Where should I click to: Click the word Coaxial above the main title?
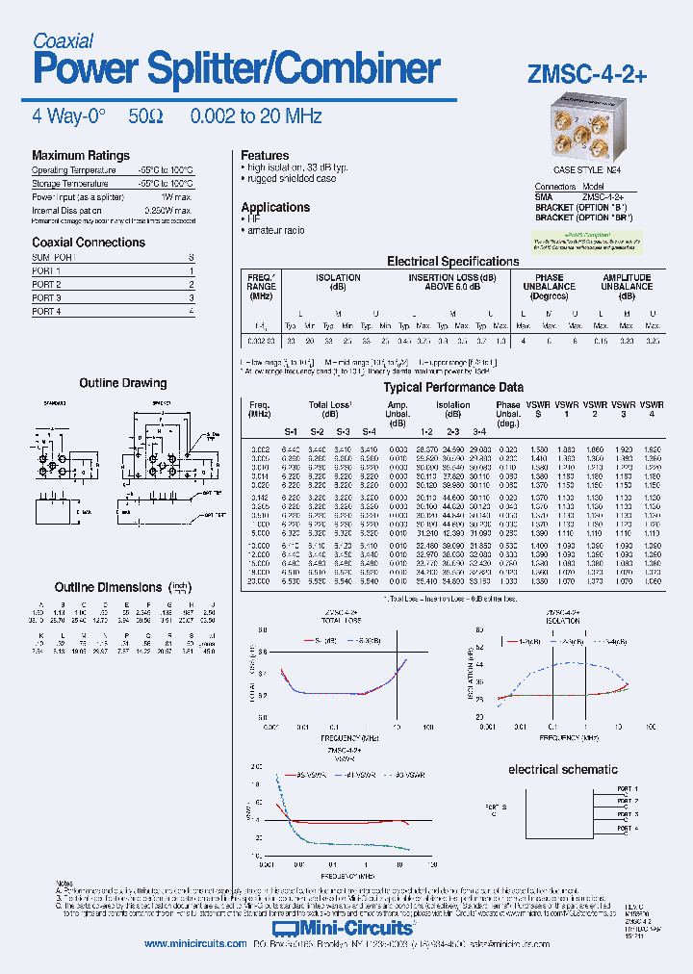coord(63,40)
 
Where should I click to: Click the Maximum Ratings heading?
coord(80,155)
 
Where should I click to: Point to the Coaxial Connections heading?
coord(89,243)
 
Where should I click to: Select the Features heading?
coord(265,155)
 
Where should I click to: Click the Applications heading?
coord(275,207)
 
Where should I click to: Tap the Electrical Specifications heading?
coord(452,261)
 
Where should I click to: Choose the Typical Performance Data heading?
coord(453,387)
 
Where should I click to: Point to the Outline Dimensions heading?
coord(108,587)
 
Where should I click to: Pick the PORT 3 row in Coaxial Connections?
coord(46,298)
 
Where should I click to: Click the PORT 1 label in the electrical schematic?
coord(627,788)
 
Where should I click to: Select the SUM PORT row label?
coord(53,258)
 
